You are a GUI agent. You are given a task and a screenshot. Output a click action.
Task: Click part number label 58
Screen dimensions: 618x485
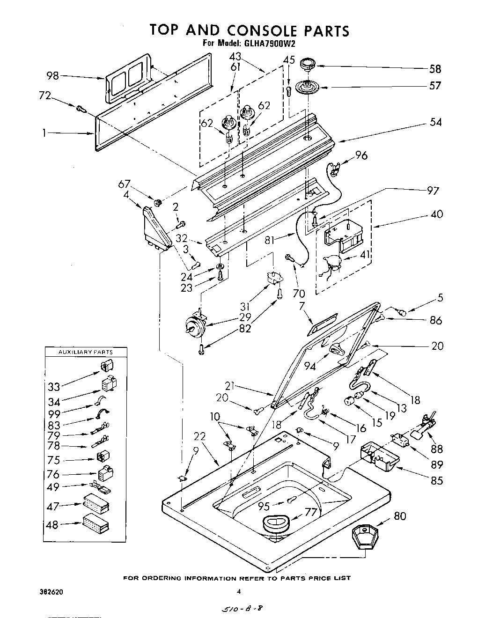[x=435, y=69]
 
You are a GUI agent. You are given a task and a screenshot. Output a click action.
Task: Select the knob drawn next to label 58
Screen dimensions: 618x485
[x=308, y=64]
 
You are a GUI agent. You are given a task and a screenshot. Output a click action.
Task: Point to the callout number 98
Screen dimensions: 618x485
[x=53, y=75]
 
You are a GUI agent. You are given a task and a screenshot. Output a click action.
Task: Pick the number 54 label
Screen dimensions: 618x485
[x=435, y=122]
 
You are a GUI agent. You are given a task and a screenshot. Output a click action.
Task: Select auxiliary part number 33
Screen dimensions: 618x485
[x=54, y=387]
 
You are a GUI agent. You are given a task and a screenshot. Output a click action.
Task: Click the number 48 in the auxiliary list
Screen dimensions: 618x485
[x=52, y=525]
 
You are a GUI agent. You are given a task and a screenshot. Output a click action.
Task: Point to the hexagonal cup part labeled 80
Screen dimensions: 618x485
[x=365, y=538]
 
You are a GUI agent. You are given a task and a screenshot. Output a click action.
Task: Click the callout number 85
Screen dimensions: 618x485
[x=436, y=480]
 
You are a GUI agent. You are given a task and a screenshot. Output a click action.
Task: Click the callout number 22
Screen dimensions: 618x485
[x=200, y=436]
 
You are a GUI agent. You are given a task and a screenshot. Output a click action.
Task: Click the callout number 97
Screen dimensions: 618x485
[x=433, y=191]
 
